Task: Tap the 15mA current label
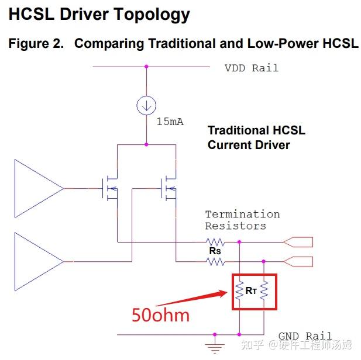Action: pyautogui.click(x=170, y=122)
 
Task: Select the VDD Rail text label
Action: pyautogui.click(x=252, y=68)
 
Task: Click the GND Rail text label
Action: pyautogui.click(x=305, y=336)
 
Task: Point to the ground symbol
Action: pyautogui.click(x=215, y=346)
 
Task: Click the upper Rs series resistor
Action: pyautogui.click(x=215, y=242)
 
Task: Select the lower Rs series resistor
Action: pyautogui.click(x=215, y=262)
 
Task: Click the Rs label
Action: pyautogui.click(x=215, y=251)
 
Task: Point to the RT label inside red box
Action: pyautogui.click(x=251, y=291)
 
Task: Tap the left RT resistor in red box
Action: pyautogui.click(x=239, y=290)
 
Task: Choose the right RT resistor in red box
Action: pyautogui.click(x=264, y=290)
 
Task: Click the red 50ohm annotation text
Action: pyautogui.click(x=161, y=315)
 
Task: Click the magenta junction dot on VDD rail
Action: pyautogui.click(x=146, y=67)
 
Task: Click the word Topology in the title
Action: pyautogui.click(x=152, y=15)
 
